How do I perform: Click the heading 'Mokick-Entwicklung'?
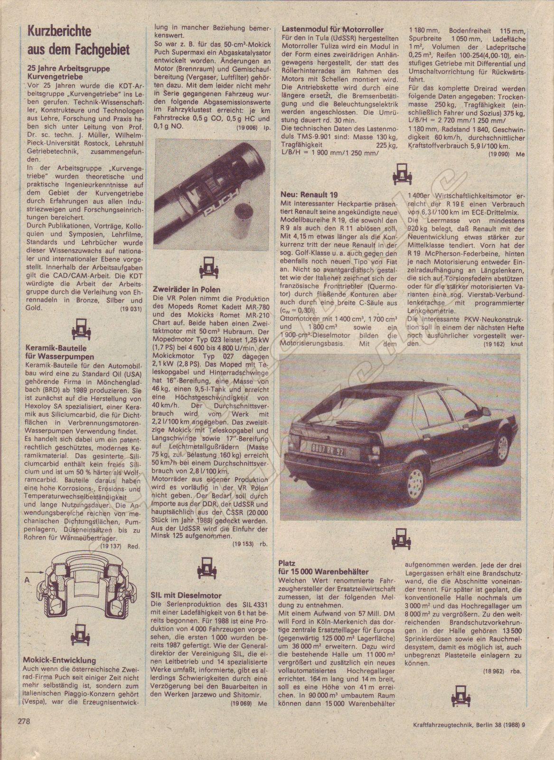coord(59,660)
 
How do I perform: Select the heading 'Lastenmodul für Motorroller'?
coord(332,29)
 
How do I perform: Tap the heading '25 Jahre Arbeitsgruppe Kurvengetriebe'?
coord(68,72)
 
